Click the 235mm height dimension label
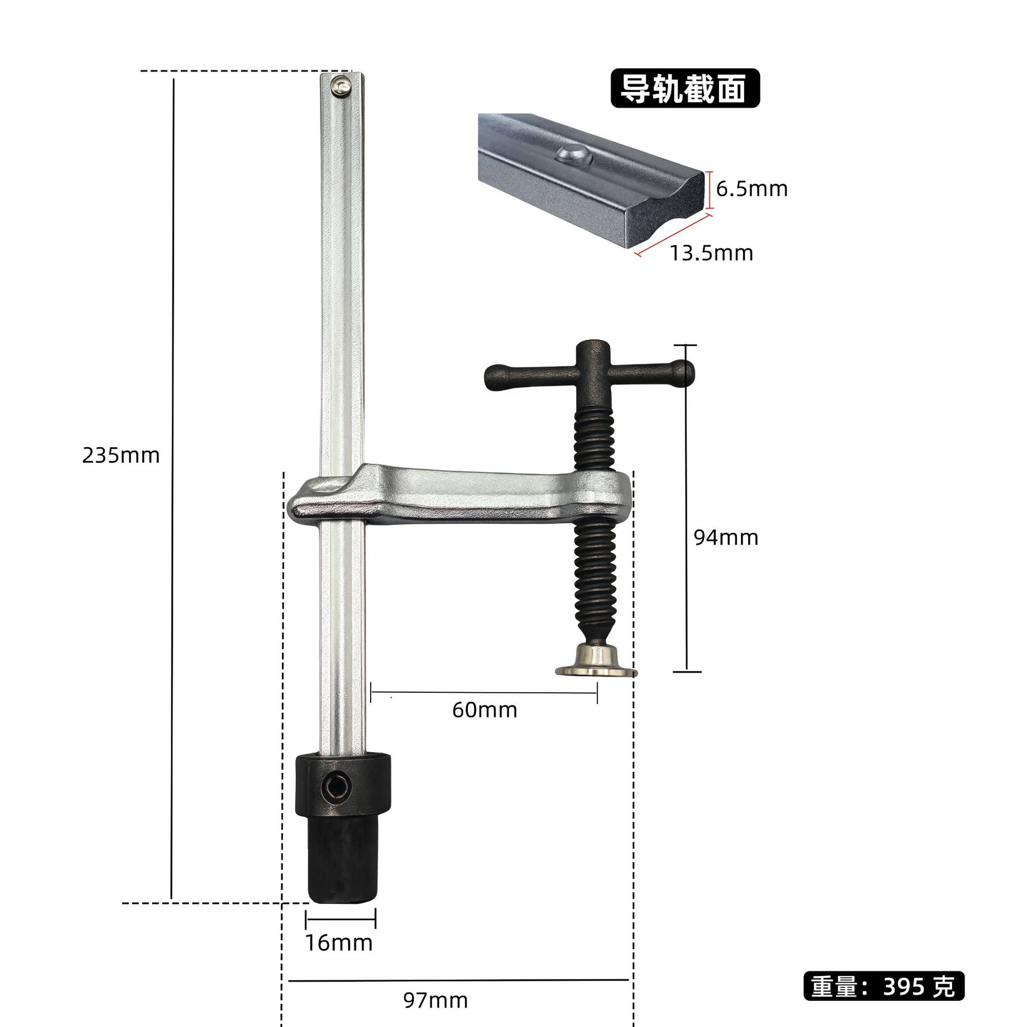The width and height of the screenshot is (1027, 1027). coord(121,456)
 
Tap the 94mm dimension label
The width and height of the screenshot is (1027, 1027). coord(726,538)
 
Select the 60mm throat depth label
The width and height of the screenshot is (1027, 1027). coord(485,710)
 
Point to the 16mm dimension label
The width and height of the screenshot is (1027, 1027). coord(339,942)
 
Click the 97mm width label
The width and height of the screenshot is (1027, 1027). coord(435,1000)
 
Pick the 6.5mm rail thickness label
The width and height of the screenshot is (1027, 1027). coord(752,189)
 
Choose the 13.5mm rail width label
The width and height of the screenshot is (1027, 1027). coord(711,253)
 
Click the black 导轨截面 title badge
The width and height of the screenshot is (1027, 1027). coord(685,88)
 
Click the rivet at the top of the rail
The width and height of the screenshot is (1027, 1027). coord(340,86)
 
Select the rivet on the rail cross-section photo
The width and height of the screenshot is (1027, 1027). coord(572,156)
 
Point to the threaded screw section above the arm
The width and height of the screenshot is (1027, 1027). coord(594,439)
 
